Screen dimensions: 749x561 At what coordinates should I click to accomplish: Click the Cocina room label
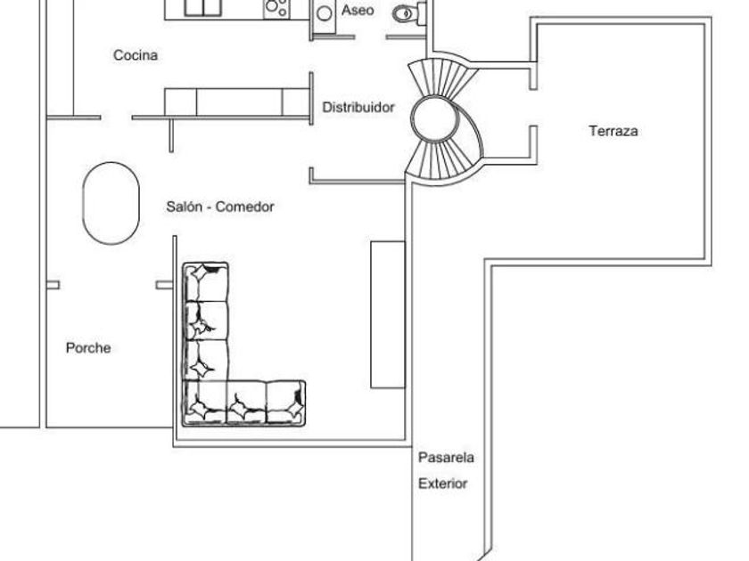[x=136, y=55]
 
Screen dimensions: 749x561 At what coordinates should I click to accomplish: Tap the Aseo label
[x=358, y=11]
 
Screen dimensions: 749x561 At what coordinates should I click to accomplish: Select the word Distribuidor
[x=358, y=107]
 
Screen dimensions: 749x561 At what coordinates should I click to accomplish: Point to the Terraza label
[x=613, y=131]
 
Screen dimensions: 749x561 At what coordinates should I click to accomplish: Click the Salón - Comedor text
[x=219, y=207]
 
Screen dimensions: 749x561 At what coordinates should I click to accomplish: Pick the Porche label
[x=88, y=348]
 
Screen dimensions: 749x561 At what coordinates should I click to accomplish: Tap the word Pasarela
[x=446, y=459]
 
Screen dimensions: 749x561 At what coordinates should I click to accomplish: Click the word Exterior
[x=443, y=484]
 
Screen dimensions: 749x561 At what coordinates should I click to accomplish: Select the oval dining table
[x=111, y=203]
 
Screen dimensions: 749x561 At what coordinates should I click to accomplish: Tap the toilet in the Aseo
[x=406, y=12]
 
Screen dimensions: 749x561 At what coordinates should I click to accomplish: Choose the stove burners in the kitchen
[x=276, y=8]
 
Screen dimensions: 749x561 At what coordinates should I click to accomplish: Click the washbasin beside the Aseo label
[x=325, y=12]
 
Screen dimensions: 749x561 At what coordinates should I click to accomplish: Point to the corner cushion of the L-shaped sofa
[x=205, y=402]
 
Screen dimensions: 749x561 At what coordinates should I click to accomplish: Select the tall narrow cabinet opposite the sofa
[x=388, y=313]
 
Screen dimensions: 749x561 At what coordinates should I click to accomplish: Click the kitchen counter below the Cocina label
[x=237, y=102]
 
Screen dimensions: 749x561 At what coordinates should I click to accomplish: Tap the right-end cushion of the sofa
[x=285, y=402]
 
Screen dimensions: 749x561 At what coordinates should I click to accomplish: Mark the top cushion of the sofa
[x=206, y=282]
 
